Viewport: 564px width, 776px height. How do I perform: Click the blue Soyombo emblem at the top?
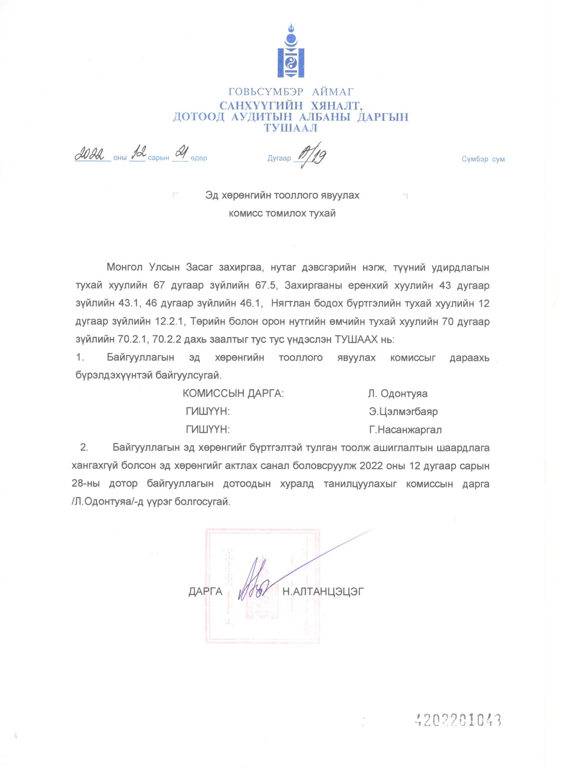[x=291, y=50]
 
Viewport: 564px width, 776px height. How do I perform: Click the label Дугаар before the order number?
[x=279, y=158]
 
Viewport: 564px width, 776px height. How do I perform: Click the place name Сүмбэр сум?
[x=483, y=159]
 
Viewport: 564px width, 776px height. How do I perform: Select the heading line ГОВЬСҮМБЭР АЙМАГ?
[x=291, y=92]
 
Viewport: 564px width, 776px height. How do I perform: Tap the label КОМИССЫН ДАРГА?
[x=233, y=393]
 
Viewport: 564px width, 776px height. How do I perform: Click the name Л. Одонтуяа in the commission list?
[x=397, y=393]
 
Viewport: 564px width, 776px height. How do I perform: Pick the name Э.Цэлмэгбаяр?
[x=403, y=411]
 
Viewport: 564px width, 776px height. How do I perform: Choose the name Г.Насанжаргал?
[x=405, y=429]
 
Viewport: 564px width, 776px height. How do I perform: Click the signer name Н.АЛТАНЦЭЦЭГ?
[x=323, y=591]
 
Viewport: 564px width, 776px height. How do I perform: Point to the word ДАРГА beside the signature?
[x=205, y=591]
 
